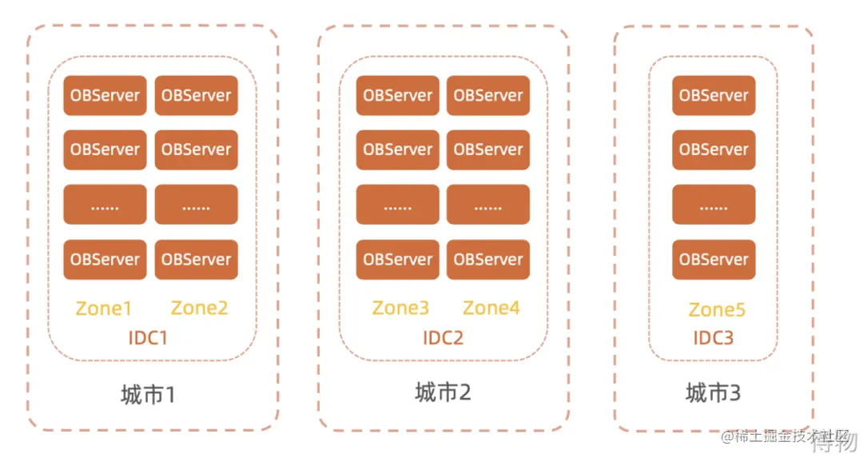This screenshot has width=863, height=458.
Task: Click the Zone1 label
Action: pyautogui.click(x=104, y=309)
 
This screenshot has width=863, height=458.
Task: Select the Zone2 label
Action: pyautogui.click(x=199, y=309)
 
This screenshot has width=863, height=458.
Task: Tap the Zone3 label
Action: pyautogui.click(x=400, y=308)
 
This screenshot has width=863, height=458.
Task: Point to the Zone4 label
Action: pyautogui.click(x=491, y=308)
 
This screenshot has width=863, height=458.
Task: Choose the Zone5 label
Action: pyautogui.click(x=717, y=310)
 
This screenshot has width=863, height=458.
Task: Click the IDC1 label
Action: pyautogui.click(x=149, y=338)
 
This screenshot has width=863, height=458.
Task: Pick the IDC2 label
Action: pyautogui.click(x=443, y=337)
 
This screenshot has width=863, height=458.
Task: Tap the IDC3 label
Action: pyautogui.click(x=714, y=338)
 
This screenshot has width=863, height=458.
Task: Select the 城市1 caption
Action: pyautogui.click(x=148, y=395)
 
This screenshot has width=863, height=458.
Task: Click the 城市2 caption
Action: pyautogui.click(x=443, y=392)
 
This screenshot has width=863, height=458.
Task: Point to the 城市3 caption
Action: pyautogui.click(x=713, y=393)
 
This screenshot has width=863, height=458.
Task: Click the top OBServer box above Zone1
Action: pyautogui.click(x=105, y=96)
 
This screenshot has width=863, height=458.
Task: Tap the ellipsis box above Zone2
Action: pyautogui.click(x=196, y=205)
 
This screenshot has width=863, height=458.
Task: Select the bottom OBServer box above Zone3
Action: pyautogui.click(x=397, y=260)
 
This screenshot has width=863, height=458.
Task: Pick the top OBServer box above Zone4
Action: pyautogui.click(x=488, y=96)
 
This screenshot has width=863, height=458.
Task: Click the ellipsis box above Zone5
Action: pyautogui.click(x=714, y=205)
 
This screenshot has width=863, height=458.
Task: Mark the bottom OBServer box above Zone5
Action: pyautogui.click(x=714, y=260)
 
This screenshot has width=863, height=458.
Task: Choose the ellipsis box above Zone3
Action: pyautogui.click(x=397, y=205)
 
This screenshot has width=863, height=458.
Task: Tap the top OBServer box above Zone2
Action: pyautogui.click(x=196, y=96)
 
